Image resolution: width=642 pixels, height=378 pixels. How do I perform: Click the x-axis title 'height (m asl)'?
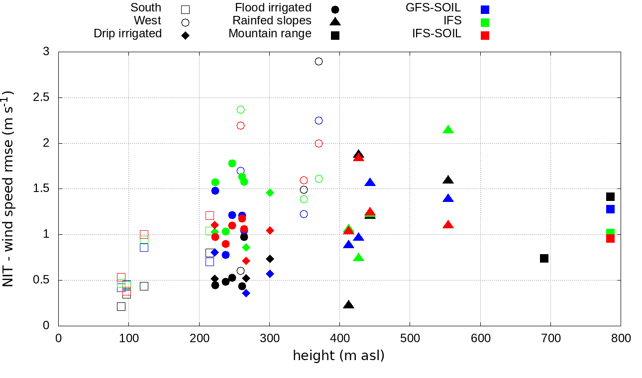click(338, 356)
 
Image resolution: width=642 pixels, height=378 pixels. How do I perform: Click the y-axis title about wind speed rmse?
click(9, 189)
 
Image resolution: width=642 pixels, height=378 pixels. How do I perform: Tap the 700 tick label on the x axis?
click(550, 339)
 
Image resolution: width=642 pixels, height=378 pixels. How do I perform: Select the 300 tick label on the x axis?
click(269, 339)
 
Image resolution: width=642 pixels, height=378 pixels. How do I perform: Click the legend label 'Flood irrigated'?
click(273, 8)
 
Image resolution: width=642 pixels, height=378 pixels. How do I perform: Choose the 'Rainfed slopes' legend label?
click(272, 21)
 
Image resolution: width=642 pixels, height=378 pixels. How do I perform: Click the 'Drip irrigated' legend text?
click(128, 34)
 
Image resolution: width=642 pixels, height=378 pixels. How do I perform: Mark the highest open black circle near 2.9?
click(319, 61)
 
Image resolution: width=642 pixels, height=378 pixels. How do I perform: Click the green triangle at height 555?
click(448, 130)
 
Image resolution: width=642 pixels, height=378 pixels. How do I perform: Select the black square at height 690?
click(544, 258)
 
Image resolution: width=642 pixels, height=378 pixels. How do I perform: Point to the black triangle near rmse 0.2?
click(348, 305)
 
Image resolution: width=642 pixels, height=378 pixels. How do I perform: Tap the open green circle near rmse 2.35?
click(241, 109)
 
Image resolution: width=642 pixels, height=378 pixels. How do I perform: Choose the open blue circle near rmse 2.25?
click(319, 120)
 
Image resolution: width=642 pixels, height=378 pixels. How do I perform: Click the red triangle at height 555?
click(448, 225)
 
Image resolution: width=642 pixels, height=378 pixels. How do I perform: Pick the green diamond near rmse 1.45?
click(270, 192)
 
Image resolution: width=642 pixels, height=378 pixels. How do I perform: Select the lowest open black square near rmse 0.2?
click(121, 306)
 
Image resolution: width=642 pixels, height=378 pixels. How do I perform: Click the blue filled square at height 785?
click(610, 209)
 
